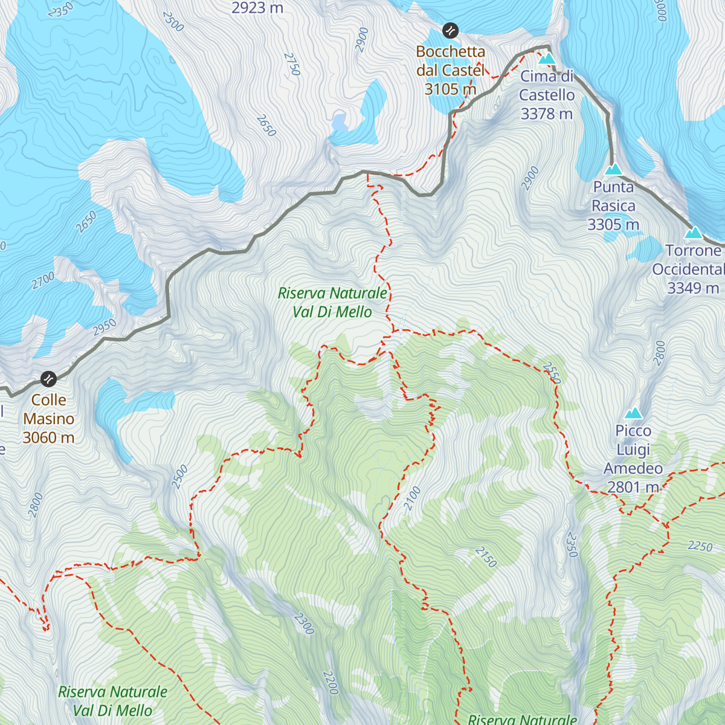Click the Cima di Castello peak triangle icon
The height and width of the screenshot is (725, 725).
[546, 58]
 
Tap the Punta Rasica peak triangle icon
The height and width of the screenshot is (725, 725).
[613, 169]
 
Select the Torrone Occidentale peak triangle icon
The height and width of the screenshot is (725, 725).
[693, 233]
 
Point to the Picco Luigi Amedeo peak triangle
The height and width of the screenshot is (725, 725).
[633, 413]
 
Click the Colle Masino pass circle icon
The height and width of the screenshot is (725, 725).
[48, 379]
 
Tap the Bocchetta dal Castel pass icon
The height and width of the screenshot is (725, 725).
[449, 30]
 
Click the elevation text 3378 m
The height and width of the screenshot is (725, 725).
[546, 114]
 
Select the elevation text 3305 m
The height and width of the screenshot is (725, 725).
[613, 225]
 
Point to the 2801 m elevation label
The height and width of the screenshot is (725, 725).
[633, 487]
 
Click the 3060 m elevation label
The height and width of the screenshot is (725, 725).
[48, 437]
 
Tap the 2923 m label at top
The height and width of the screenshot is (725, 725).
[257, 8]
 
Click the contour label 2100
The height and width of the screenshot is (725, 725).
[412, 499]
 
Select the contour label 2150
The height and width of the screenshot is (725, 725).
[486, 556]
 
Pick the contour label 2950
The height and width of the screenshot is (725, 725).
[105, 327]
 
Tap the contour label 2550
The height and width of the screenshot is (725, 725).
[553, 373]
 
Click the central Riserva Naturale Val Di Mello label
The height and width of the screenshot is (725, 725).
[332, 302]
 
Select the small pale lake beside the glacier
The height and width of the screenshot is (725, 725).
[340, 123]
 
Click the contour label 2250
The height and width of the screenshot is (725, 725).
[700, 546]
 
